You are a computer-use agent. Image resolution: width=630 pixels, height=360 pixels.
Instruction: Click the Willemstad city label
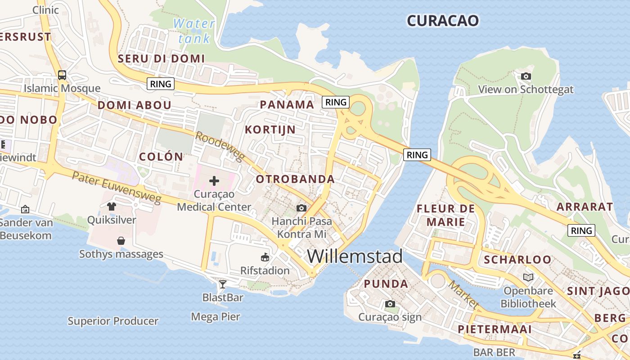[355, 256]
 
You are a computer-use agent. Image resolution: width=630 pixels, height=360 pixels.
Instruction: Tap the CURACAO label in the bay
[442, 20]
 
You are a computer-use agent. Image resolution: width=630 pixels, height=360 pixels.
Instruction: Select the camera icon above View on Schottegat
[526, 76]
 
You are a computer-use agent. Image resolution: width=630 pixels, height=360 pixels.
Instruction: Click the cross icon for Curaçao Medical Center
[214, 181]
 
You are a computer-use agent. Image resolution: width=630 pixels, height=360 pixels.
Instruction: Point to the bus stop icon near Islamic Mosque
[62, 75]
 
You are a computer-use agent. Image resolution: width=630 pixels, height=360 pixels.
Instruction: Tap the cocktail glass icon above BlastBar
[222, 284]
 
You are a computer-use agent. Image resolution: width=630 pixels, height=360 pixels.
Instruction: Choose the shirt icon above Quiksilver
[112, 207]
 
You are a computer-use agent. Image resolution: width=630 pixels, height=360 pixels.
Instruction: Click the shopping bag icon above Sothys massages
[121, 241]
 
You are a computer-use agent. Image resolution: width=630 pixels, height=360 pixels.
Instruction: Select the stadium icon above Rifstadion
[265, 257]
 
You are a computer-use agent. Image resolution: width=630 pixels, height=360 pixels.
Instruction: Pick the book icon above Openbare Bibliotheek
[528, 277]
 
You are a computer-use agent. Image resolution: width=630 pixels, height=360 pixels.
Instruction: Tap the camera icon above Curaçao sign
[390, 304]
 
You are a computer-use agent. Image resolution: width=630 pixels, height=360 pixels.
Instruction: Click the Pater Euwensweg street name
[116, 186]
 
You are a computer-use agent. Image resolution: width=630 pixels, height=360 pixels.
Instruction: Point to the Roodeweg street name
[220, 146]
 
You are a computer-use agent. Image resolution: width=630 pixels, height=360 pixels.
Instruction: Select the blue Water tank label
[194, 31]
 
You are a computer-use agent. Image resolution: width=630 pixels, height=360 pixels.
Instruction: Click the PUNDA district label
[386, 284]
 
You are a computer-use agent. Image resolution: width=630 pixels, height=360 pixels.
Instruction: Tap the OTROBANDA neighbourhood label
[295, 179]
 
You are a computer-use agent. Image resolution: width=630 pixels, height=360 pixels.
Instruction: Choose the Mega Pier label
[216, 317]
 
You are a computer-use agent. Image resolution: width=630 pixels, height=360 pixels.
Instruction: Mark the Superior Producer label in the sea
[113, 321]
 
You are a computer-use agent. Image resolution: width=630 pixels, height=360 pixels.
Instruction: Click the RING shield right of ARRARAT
[581, 231]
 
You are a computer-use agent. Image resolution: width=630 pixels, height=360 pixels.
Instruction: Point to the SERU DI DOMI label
[161, 58]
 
